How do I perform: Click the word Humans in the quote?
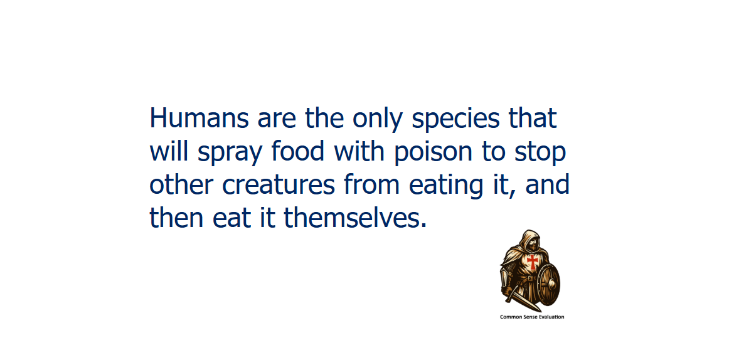(x=199, y=118)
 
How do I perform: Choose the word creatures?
(x=279, y=186)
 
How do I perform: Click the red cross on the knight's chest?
(x=532, y=262)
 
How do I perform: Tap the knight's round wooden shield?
(x=548, y=283)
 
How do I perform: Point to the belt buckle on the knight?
(x=530, y=278)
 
